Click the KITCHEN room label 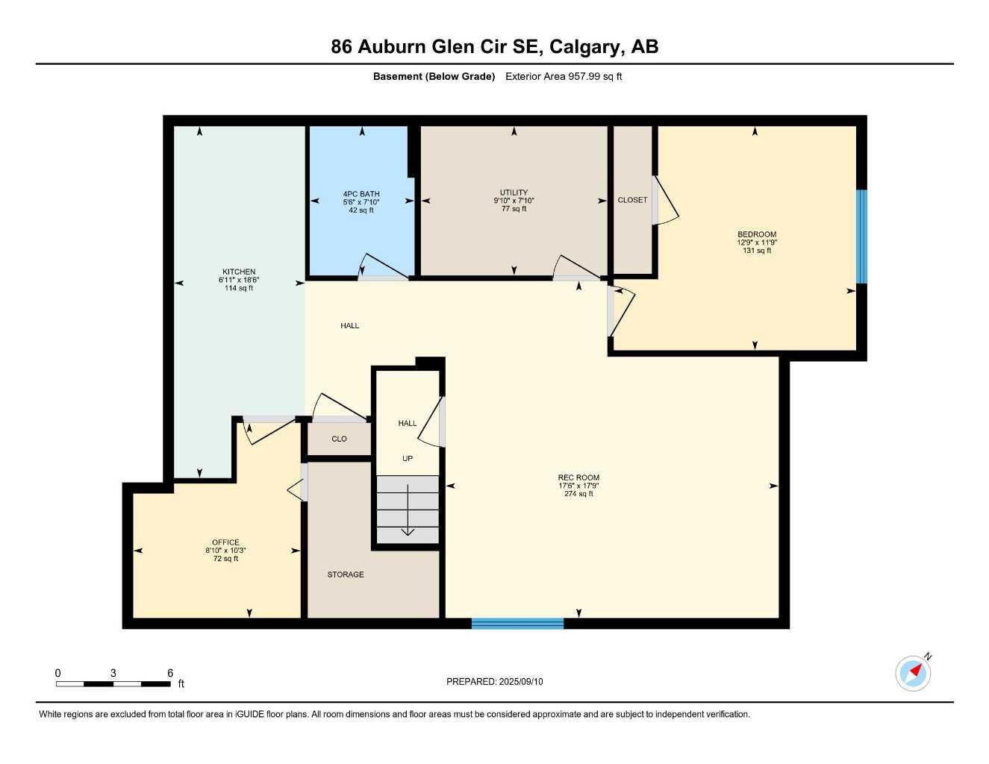(x=239, y=272)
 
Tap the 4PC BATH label (x=361, y=194)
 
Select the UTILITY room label (x=514, y=192)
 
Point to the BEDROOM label (x=757, y=234)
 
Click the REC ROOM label (x=578, y=477)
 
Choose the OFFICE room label (x=225, y=542)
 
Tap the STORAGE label (x=346, y=574)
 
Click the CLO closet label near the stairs (x=339, y=439)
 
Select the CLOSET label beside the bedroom (x=632, y=200)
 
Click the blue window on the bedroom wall (x=861, y=237)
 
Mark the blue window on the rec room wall (x=517, y=623)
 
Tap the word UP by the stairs (x=408, y=458)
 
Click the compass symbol (x=913, y=673)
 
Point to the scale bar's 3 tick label (x=113, y=673)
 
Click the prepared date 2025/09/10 (x=521, y=681)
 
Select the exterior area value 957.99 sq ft (x=596, y=76)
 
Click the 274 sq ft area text (x=578, y=494)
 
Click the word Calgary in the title (x=585, y=46)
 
